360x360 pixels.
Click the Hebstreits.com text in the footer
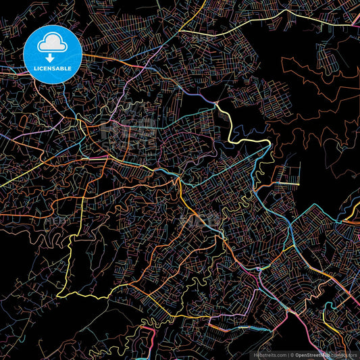point(267,354)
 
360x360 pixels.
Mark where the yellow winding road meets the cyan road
point(269,143)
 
